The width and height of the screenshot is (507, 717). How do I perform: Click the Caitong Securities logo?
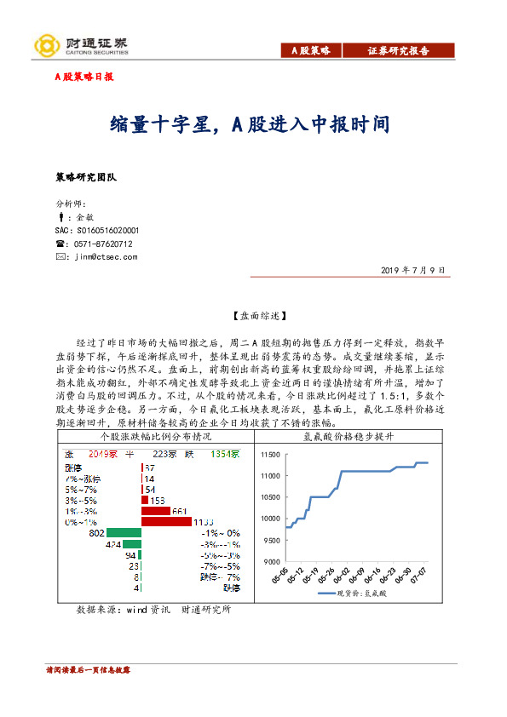tap(80, 44)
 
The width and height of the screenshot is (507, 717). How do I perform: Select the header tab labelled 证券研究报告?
tap(398, 51)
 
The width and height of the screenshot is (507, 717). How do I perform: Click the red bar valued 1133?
tap(166, 521)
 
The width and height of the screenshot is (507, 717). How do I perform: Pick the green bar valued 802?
tap(124, 532)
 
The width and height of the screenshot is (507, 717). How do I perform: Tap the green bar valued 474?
tap(131, 543)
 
